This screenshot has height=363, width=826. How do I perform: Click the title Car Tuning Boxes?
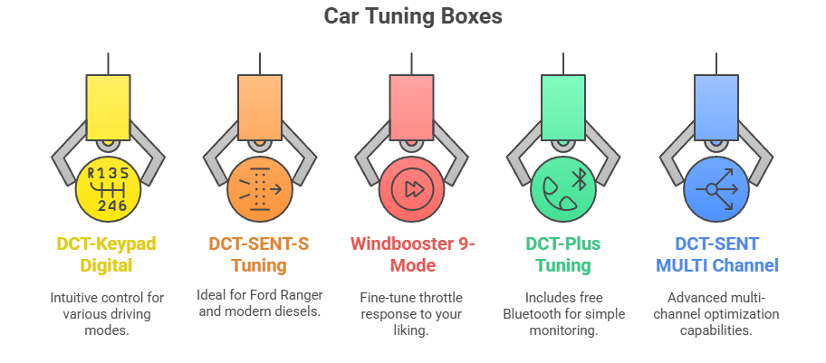(x=412, y=16)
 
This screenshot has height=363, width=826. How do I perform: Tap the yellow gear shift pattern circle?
(x=108, y=188)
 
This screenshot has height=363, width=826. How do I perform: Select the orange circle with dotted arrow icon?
(x=260, y=188)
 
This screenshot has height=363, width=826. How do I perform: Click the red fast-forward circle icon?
(x=411, y=188)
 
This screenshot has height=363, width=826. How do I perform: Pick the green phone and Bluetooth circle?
(x=563, y=188)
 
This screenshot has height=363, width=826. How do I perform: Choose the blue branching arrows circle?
(x=716, y=188)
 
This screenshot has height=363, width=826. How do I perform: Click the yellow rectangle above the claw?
(x=108, y=108)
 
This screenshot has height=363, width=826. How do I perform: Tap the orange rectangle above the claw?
(x=260, y=108)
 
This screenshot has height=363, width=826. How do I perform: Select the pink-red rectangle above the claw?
(x=411, y=108)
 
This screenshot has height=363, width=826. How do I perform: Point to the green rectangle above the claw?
(x=563, y=108)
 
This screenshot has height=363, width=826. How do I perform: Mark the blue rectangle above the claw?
(x=716, y=108)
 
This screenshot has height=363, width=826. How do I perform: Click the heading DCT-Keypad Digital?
(x=107, y=254)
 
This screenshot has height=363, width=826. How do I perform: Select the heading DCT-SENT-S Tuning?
(x=259, y=254)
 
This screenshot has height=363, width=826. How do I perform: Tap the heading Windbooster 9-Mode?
(x=413, y=254)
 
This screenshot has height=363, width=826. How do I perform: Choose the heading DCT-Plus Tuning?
(x=563, y=254)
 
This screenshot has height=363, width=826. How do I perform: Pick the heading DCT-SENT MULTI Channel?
(x=717, y=254)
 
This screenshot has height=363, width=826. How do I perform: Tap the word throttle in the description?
(x=437, y=298)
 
